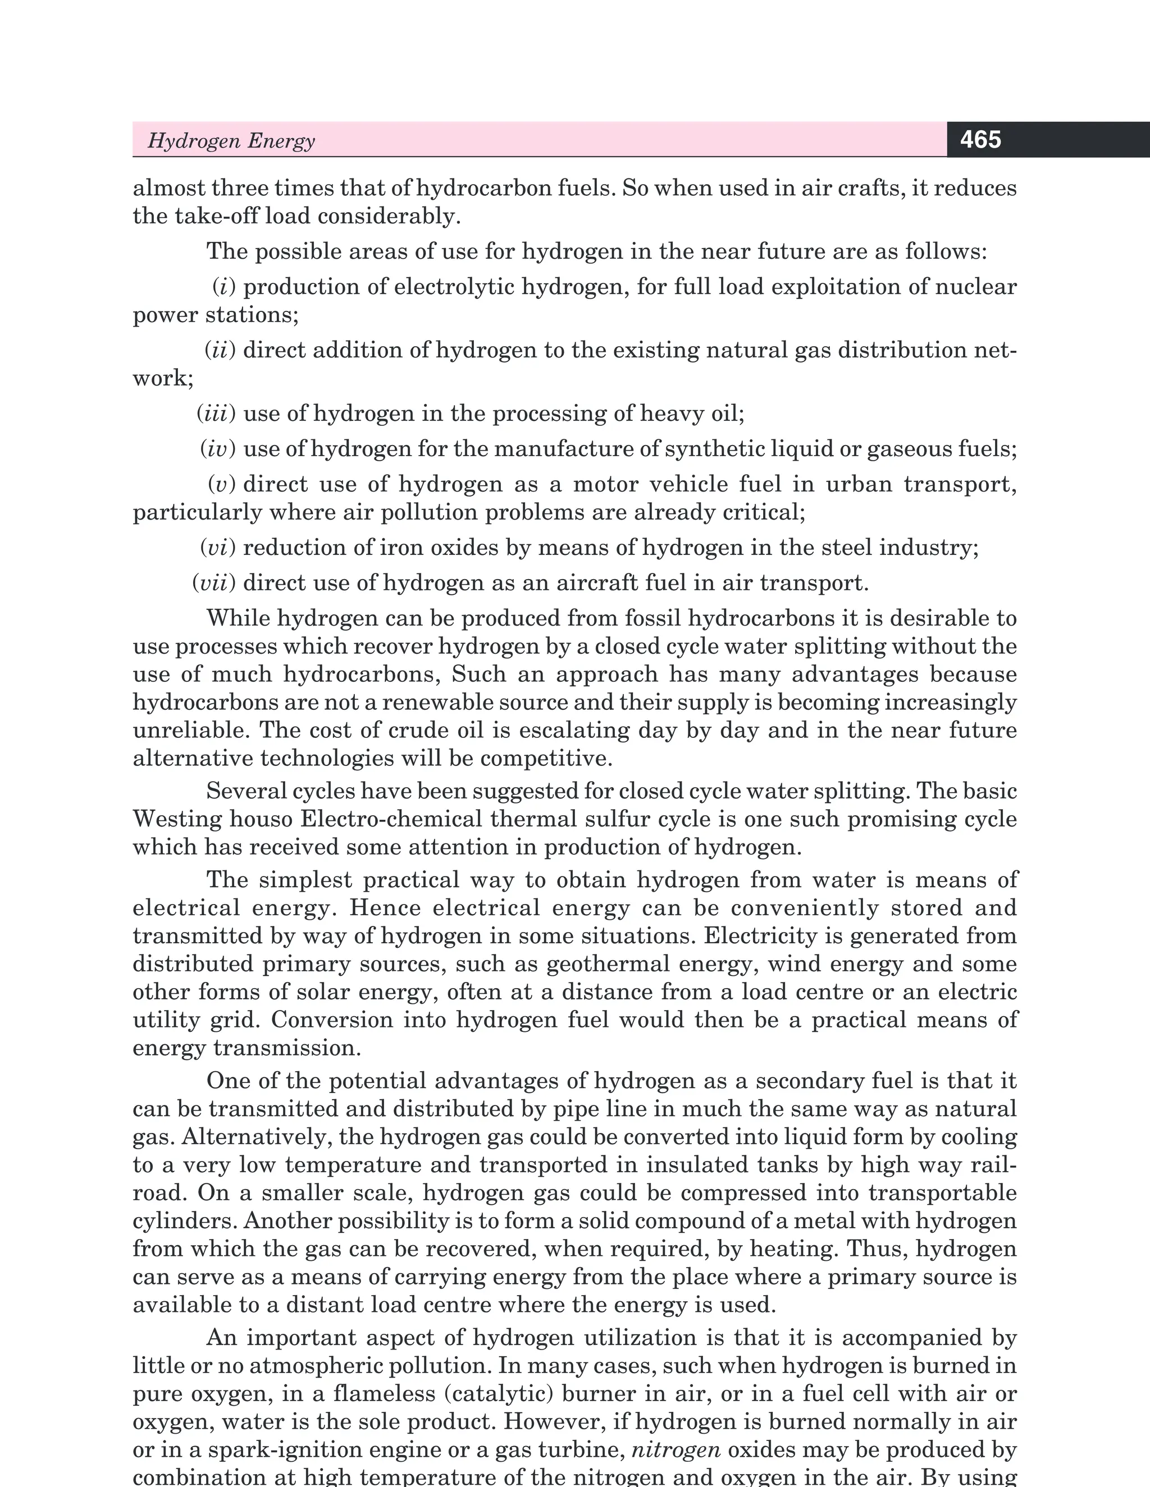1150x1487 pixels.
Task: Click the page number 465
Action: click(x=980, y=140)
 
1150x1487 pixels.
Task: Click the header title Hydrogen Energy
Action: click(x=231, y=141)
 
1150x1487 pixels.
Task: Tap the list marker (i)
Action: click(x=224, y=287)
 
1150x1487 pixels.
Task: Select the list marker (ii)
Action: click(x=220, y=350)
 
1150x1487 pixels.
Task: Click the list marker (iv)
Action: click(x=218, y=449)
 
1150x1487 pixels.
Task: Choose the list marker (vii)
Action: click(x=214, y=583)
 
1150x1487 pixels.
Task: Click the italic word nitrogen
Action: click(x=676, y=1449)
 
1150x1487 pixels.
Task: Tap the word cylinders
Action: click(x=185, y=1221)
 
